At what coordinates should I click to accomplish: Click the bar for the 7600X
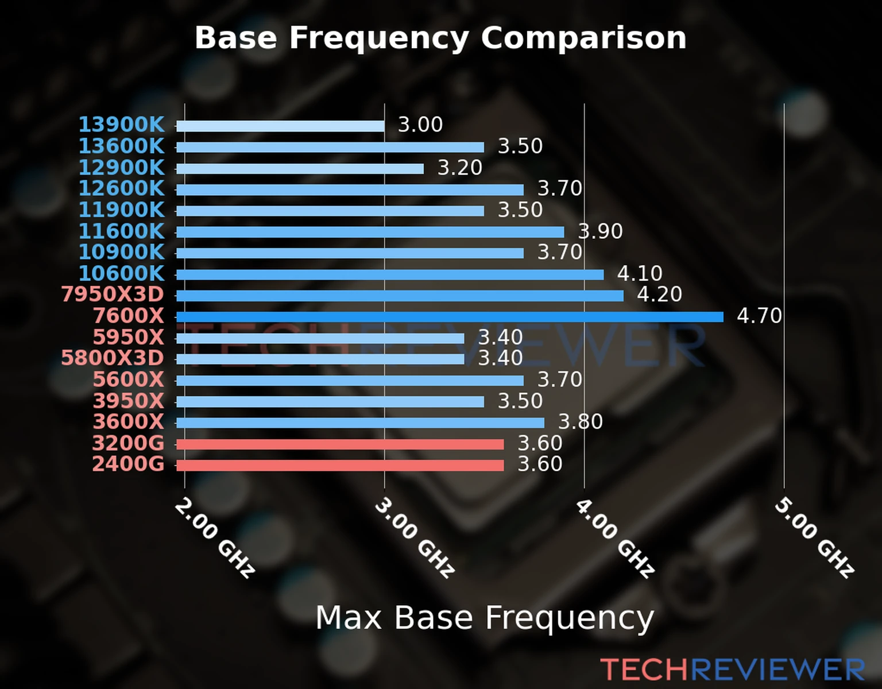(450, 317)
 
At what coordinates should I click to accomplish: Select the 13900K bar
(280, 126)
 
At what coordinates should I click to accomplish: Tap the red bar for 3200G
(340, 444)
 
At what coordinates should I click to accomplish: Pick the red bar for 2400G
(340, 465)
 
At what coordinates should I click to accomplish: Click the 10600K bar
(390, 274)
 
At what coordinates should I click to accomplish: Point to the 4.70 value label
(759, 316)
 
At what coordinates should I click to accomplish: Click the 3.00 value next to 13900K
(420, 125)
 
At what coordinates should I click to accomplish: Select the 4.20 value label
(659, 295)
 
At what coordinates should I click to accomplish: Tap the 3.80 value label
(581, 422)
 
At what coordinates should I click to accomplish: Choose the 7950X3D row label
(113, 295)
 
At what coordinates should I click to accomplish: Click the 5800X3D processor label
(113, 358)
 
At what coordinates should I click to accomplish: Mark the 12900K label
(121, 168)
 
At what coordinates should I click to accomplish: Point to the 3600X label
(129, 422)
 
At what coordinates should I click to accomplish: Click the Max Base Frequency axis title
(485, 618)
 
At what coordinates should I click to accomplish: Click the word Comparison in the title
(583, 38)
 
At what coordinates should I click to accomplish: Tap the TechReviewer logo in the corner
(732, 669)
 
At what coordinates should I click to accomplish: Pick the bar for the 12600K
(350, 189)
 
